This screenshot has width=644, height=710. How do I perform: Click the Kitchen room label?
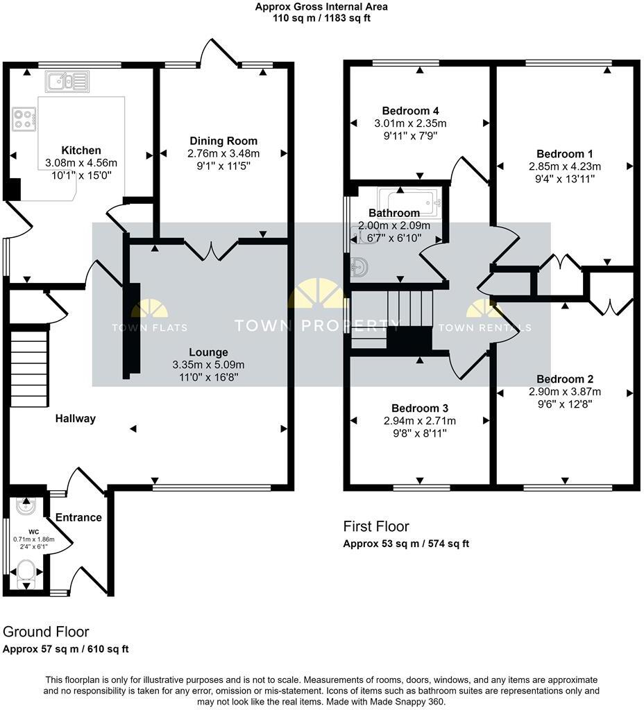pos(81,150)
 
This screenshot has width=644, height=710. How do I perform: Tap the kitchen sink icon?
pos(67,82)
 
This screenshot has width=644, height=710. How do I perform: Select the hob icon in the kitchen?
pos(24,119)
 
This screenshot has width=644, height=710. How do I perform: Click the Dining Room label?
pos(223,141)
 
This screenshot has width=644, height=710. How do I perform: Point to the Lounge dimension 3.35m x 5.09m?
pos(208,365)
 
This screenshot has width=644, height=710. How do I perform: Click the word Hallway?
pos(76,419)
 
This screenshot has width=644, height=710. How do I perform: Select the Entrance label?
pos(78,517)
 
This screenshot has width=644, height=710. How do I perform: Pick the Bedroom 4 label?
pos(410,111)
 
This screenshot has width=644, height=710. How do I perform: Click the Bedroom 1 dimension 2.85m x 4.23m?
pos(565,166)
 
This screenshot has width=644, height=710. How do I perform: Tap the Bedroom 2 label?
pos(565,379)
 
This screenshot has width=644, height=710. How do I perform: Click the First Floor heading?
pos(376,527)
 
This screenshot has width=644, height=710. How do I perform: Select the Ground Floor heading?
pos(46,632)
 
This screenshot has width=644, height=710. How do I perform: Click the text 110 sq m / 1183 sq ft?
pos(321,18)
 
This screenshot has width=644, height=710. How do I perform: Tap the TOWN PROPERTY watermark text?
pos(317,325)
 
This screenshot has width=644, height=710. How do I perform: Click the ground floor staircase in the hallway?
pos(29,368)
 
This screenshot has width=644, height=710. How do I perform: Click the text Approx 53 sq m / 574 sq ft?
pos(406,544)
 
